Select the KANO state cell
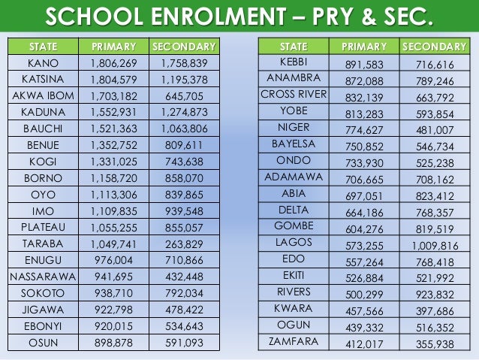click(43, 62)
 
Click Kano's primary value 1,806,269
click(113, 62)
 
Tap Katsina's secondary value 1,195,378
click(184, 79)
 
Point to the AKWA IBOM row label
click(43, 95)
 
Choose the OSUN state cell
click(43, 342)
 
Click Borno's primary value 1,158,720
click(113, 178)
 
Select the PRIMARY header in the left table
click(113, 47)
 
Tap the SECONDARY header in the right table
click(434, 47)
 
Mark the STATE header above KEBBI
click(294, 47)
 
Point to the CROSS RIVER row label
click(294, 95)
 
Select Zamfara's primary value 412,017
click(364, 342)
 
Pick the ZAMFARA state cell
click(294, 341)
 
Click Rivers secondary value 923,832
click(435, 292)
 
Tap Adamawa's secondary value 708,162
click(435, 177)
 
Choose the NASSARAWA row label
click(43, 277)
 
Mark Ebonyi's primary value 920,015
click(113, 325)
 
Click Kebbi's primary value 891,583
click(364, 62)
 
